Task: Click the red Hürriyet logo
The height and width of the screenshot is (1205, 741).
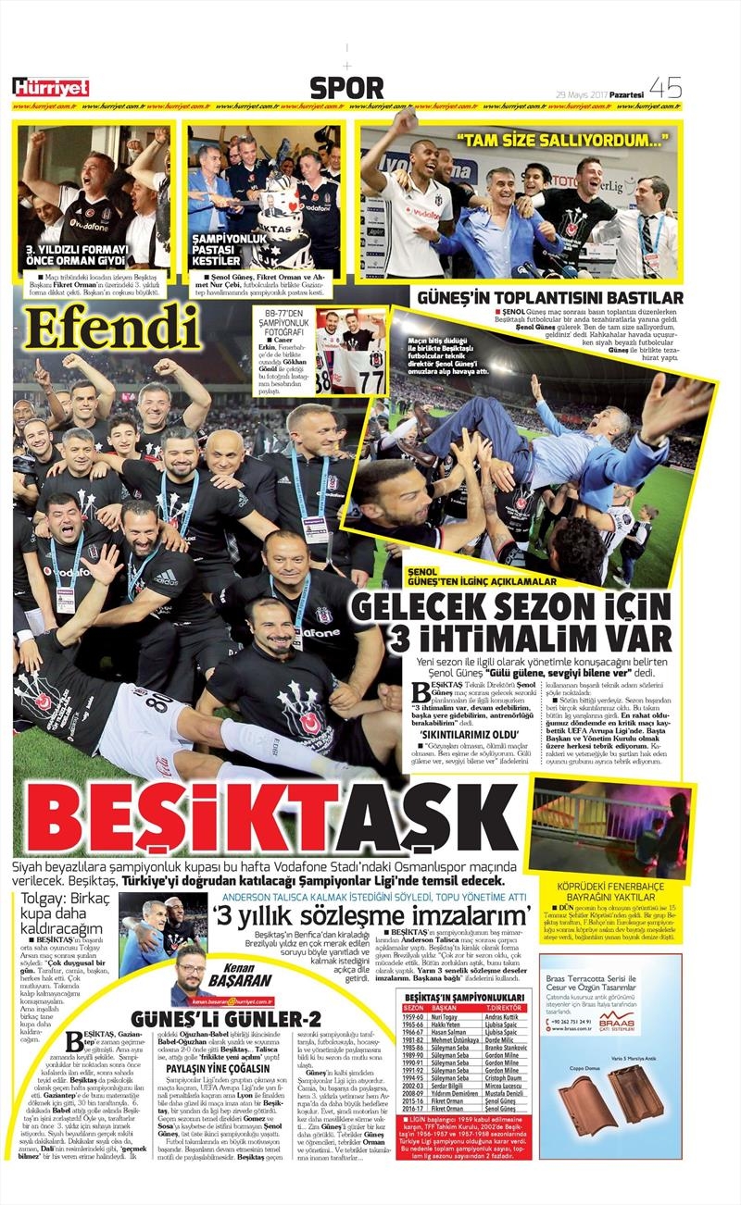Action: pyautogui.click(x=50, y=87)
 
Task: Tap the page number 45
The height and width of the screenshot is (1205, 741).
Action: pyautogui.click(x=666, y=87)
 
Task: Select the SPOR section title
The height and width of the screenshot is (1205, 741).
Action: pyautogui.click(x=346, y=88)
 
